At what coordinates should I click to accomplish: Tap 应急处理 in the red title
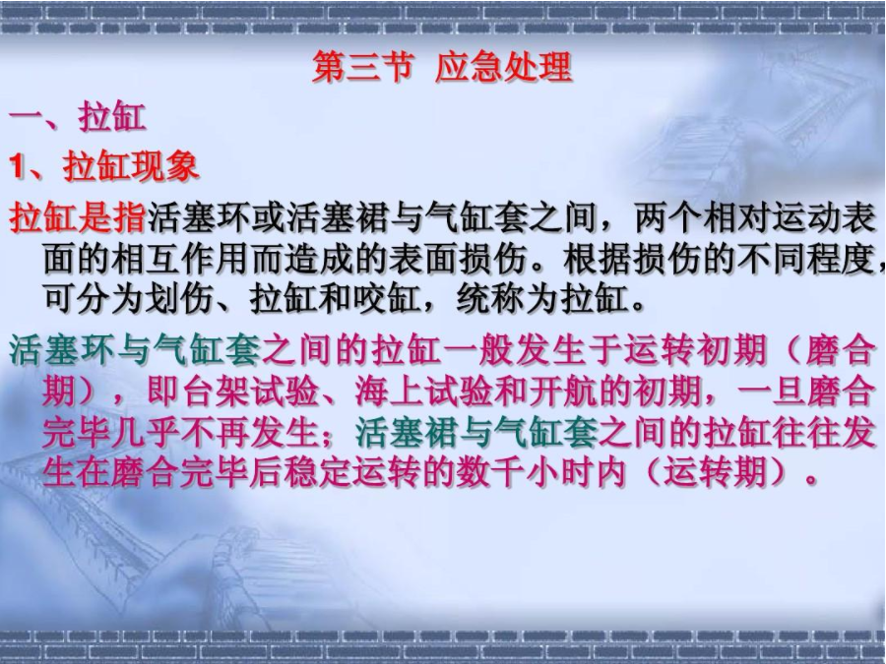[x=502, y=69]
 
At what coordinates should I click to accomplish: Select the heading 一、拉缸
[x=78, y=118]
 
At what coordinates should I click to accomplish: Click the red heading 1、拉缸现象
[x=104, y=165]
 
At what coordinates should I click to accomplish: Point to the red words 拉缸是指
[x=79, y=216]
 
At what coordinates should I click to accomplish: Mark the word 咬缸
[x=388, y=297]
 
